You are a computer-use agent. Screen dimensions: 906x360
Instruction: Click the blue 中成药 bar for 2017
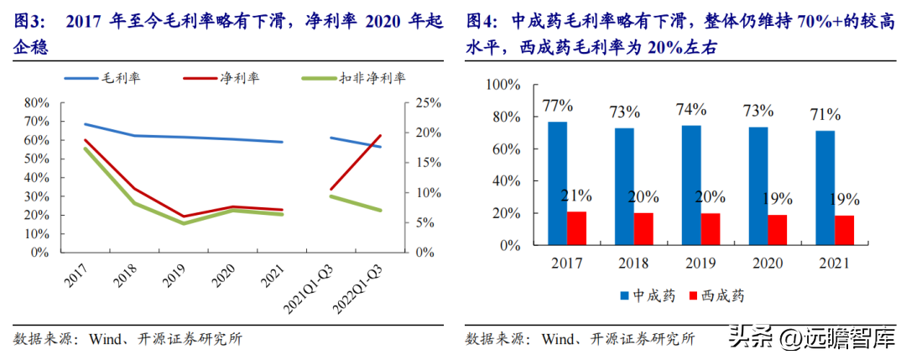558,183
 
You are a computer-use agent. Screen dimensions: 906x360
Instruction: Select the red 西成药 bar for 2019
711,229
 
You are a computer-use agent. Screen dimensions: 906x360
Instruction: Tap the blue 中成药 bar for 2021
825,188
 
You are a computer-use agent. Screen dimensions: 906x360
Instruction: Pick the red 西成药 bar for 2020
777,230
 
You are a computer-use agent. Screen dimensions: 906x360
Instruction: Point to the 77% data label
558,107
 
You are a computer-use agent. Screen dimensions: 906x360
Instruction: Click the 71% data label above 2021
825,114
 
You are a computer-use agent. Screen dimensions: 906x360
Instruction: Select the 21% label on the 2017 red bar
575,196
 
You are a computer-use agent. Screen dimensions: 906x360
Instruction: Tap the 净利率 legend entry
221,78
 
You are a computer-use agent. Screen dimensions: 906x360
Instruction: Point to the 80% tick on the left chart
37,103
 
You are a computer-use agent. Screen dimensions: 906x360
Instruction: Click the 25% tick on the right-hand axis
429,103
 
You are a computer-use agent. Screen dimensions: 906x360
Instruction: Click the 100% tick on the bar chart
504,86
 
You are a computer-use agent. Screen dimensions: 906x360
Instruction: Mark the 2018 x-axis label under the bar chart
634,263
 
